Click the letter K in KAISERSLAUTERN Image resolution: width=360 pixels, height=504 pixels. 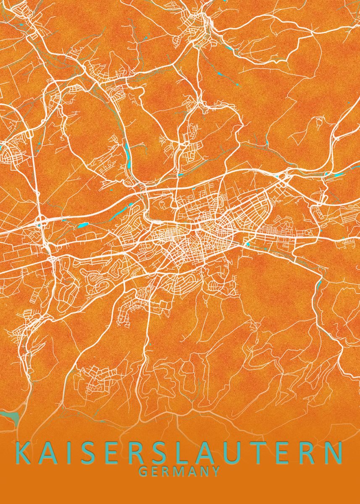coord(24,453)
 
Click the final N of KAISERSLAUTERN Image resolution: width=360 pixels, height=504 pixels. coord(334,453)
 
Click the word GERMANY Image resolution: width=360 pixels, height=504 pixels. coord(179,471)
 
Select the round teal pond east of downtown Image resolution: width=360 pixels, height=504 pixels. coord(247,243)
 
